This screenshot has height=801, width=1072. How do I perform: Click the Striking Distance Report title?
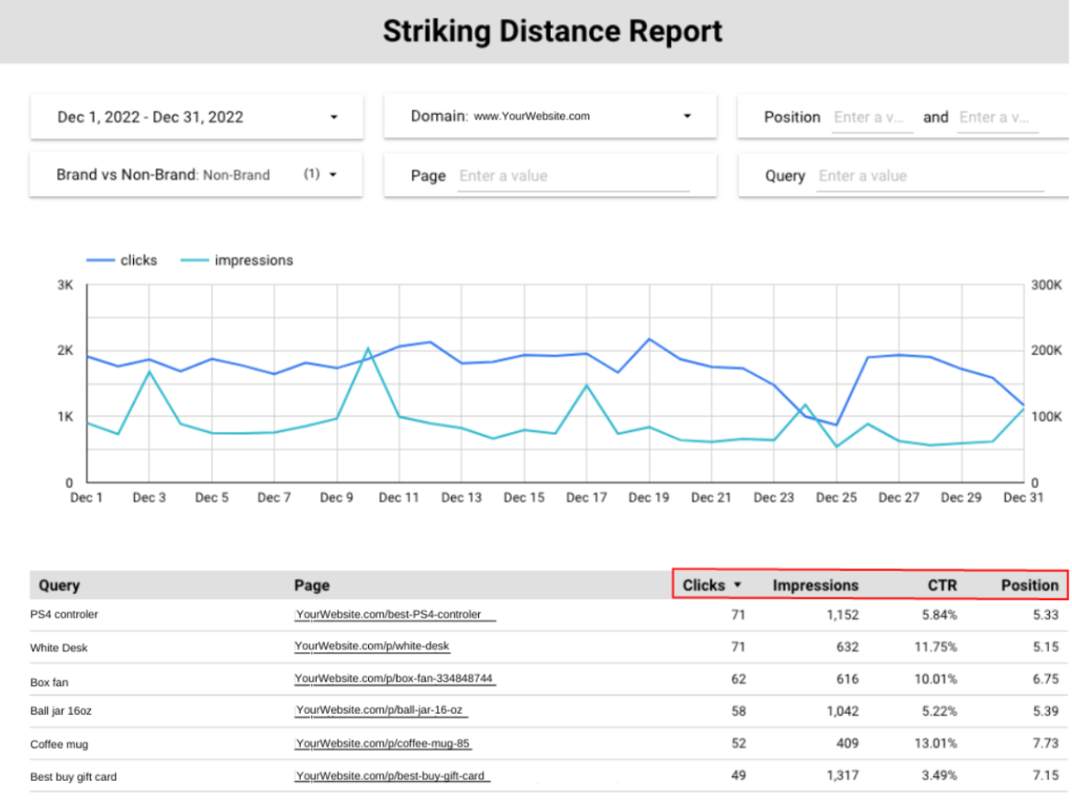(x=553, y=31)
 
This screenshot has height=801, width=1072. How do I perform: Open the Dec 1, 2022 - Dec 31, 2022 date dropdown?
(x=196, y=117)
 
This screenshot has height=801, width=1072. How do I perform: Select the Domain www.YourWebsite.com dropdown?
(x=550, y=117)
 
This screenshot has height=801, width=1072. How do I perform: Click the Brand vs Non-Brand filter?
(x=196, y=174)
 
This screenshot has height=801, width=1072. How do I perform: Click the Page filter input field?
(x=573, y=176)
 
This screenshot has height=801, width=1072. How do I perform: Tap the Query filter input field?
(x=929, y=176)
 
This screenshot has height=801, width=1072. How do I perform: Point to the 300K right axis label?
(x=1045, y=285)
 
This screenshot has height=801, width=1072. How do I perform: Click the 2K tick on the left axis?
(x=65, y=350)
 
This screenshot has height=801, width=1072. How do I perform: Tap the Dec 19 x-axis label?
(x=649, y=497)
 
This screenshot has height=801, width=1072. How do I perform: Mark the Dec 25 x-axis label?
(x=836, y=497)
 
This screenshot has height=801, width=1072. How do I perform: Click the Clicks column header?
(x=704, y=585)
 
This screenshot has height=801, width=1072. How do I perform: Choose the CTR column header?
(x=943, y=585)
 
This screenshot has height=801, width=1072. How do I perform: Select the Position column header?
(x=1029, y=585)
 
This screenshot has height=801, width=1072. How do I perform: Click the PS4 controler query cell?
(x=64, y=615)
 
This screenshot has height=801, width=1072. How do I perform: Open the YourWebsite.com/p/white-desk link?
(x=373, y=647)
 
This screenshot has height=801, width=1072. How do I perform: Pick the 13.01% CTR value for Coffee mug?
(x=939, y=744)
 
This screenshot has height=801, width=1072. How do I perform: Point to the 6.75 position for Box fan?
(x=1044, y=680)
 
